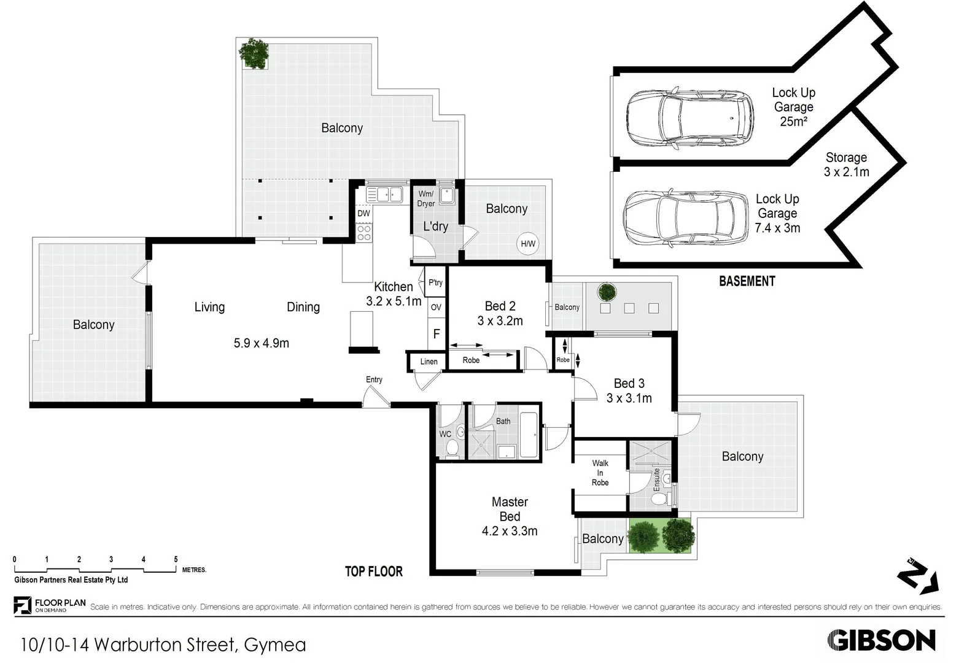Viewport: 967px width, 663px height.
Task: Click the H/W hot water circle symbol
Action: tap(528, 244)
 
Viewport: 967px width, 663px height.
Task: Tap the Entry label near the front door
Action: tap(374, 379)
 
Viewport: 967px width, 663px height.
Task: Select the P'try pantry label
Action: tap(435, 282)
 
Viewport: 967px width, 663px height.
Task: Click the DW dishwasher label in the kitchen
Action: tap(363, 214)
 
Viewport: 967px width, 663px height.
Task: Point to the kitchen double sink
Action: tap(384, 195)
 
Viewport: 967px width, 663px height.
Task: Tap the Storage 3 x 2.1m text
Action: tap(846, 165)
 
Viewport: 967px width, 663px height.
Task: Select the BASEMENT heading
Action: tap(747, 281)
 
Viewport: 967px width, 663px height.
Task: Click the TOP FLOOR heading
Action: tap(373, 572)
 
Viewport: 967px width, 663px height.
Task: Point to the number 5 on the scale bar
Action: tap(176, 559)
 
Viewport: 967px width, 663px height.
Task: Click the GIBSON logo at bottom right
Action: tap(881, 640)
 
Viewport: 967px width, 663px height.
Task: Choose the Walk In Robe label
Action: tap(600, 473)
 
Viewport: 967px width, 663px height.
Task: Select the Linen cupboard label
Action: tap(429, 362)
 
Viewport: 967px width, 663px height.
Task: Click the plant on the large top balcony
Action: tap(254, 54)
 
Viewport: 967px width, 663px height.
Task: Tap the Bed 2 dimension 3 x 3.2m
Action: tap(500, 320)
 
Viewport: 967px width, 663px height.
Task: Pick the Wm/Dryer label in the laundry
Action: tap(425, 198)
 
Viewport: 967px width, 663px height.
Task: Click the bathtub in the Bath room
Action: tap(528, 435)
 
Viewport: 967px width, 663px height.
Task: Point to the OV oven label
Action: tap(436, 308)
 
